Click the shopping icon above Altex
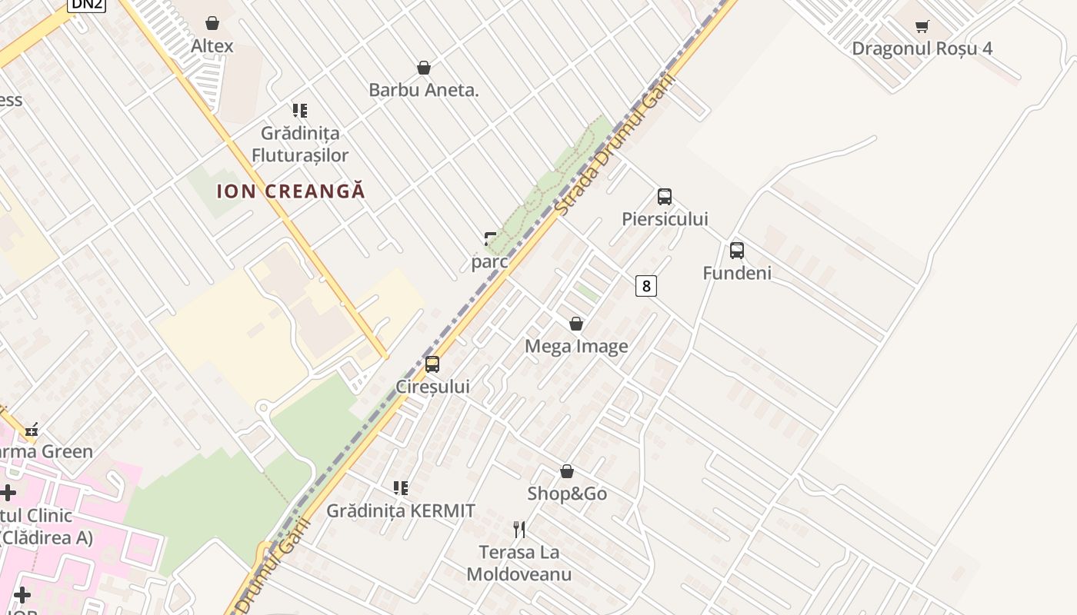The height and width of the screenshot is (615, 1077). tap(212, 23)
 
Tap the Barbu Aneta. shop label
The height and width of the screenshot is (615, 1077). tap(424, 90)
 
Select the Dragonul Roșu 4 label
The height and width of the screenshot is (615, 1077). tap(922, 48)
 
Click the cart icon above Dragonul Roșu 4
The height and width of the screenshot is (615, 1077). tap(922, 26)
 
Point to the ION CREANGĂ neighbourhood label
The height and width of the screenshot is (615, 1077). tap(291, 191)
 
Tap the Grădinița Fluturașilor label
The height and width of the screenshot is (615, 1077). tap(300, 145)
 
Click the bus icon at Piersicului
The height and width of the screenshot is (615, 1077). tap(665, 197)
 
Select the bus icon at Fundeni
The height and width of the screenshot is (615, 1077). tap(737, 251)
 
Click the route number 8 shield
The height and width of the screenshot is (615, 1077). tap(646, 287)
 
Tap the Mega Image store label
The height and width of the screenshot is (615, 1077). tap(576, 347)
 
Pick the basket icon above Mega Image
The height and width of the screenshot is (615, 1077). tap(576, 324)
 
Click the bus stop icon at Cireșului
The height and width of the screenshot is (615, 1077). tap(432, 364)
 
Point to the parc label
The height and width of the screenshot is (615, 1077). tap(489, 262)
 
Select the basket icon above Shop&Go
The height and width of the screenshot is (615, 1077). tap(567, 471)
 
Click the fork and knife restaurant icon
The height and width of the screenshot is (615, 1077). tap(519, 529)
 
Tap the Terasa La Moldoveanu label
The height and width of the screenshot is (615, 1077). tap(519, 563)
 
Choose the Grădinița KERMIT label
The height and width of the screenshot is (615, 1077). tap(401, 510)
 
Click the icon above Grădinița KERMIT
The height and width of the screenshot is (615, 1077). tap(401, 488)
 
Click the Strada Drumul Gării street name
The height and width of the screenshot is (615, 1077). tap(615, 145)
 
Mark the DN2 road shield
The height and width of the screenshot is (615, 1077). tap(87, 4)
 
